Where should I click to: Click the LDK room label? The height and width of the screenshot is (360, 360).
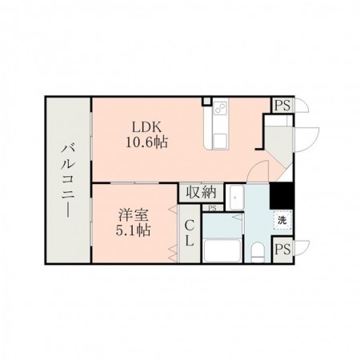(147, 127)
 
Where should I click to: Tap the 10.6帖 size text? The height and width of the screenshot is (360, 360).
(147, 142)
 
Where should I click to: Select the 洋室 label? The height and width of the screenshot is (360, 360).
(134, 215)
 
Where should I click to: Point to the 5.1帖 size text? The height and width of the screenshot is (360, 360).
(134, 230)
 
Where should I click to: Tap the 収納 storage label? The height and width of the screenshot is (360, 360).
(201, 192)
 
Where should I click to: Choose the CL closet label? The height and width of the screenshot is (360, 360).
(189, 234)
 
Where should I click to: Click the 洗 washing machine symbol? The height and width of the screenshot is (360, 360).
(282, 221)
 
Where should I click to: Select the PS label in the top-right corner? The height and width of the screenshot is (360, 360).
(282, 106)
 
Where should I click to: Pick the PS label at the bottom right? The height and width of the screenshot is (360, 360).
(282, 250)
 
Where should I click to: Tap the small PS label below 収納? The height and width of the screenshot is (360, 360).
(212, 208)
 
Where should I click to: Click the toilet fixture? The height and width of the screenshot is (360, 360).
(258, 252)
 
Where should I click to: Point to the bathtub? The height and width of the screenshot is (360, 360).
(222, 250)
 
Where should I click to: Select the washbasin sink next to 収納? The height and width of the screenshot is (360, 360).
(234, 198)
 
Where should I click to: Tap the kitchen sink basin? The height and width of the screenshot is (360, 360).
(220, 141)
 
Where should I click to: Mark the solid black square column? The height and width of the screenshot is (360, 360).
(282, 196)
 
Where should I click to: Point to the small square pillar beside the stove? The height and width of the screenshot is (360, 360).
(206, 102)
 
